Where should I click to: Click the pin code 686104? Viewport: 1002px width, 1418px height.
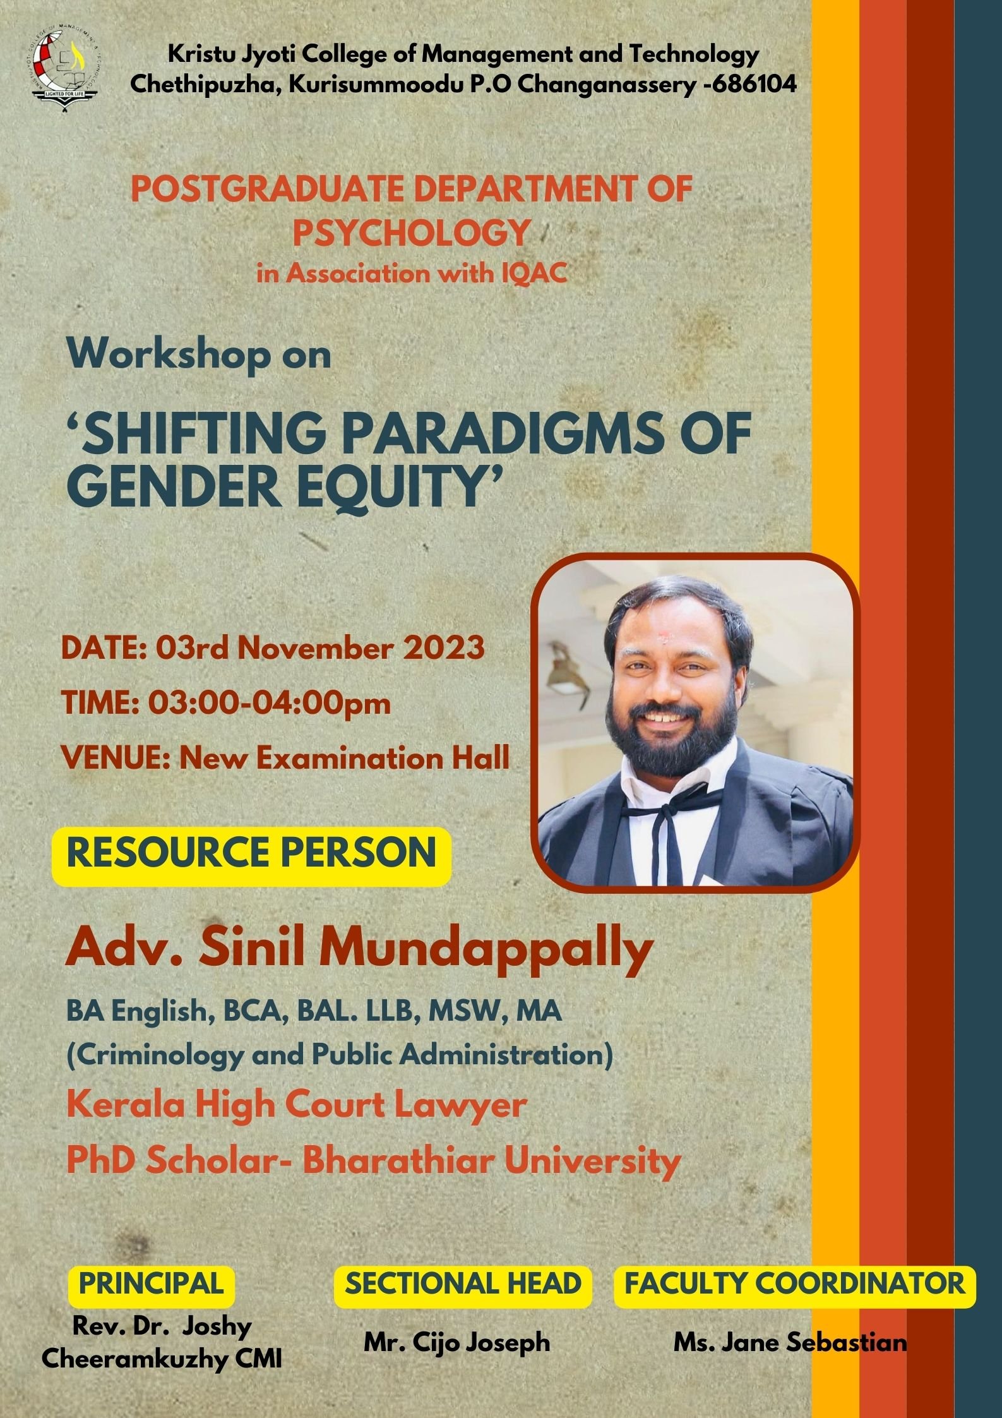point(756,84)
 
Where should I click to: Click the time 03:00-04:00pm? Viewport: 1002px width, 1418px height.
point(270,703)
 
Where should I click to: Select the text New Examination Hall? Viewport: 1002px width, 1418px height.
point(344,757)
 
